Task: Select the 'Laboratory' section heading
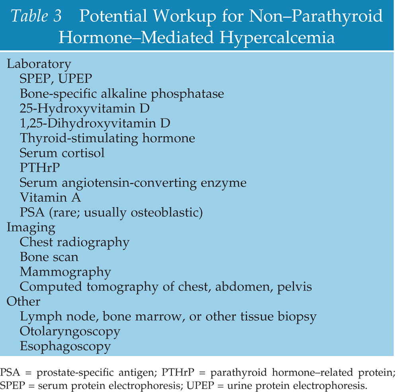pyautogui.click(x=39, y=64)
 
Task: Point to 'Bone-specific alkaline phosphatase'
pyautogui.click(x=122, y=94)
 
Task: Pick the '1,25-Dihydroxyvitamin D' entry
pyautogui.click(x=95, y=123)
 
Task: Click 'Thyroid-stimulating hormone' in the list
pyautogui.click(x=107, y=138)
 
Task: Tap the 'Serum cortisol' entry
pyautogui.click(x=62, y=153)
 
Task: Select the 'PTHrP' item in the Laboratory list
pyautogui.click(x=39, y=168)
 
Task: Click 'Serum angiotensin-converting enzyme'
pyautogui.click(x=133, y=183)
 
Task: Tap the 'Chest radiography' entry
pyautogui.click(x=74, y=242)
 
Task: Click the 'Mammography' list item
pyautogui.click(x=65, y=272)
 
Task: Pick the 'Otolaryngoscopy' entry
pyautogui.click(x=70, y=331)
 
